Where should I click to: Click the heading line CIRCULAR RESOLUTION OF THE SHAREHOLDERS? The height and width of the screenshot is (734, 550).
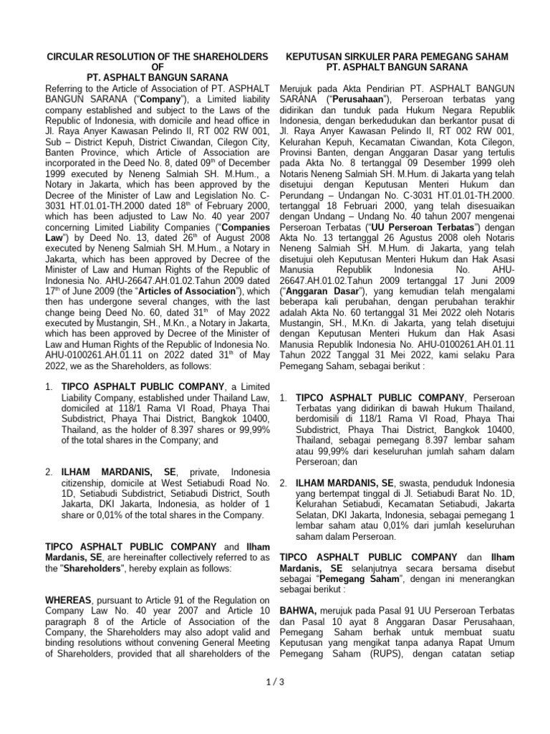click(157, 57)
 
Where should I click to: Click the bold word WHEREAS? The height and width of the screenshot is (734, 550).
click(69, 600)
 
